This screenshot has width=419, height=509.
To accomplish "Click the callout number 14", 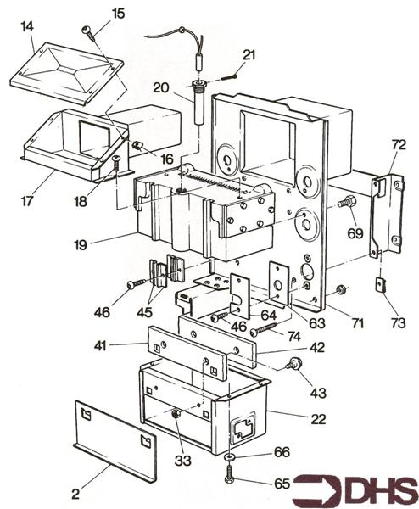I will click(x=27, y=27).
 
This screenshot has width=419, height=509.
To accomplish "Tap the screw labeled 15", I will click(x=87, y=31).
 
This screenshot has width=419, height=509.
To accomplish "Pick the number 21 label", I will click(x=249, y=55).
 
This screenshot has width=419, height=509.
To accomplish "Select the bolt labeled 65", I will click(x=231, y=478).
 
